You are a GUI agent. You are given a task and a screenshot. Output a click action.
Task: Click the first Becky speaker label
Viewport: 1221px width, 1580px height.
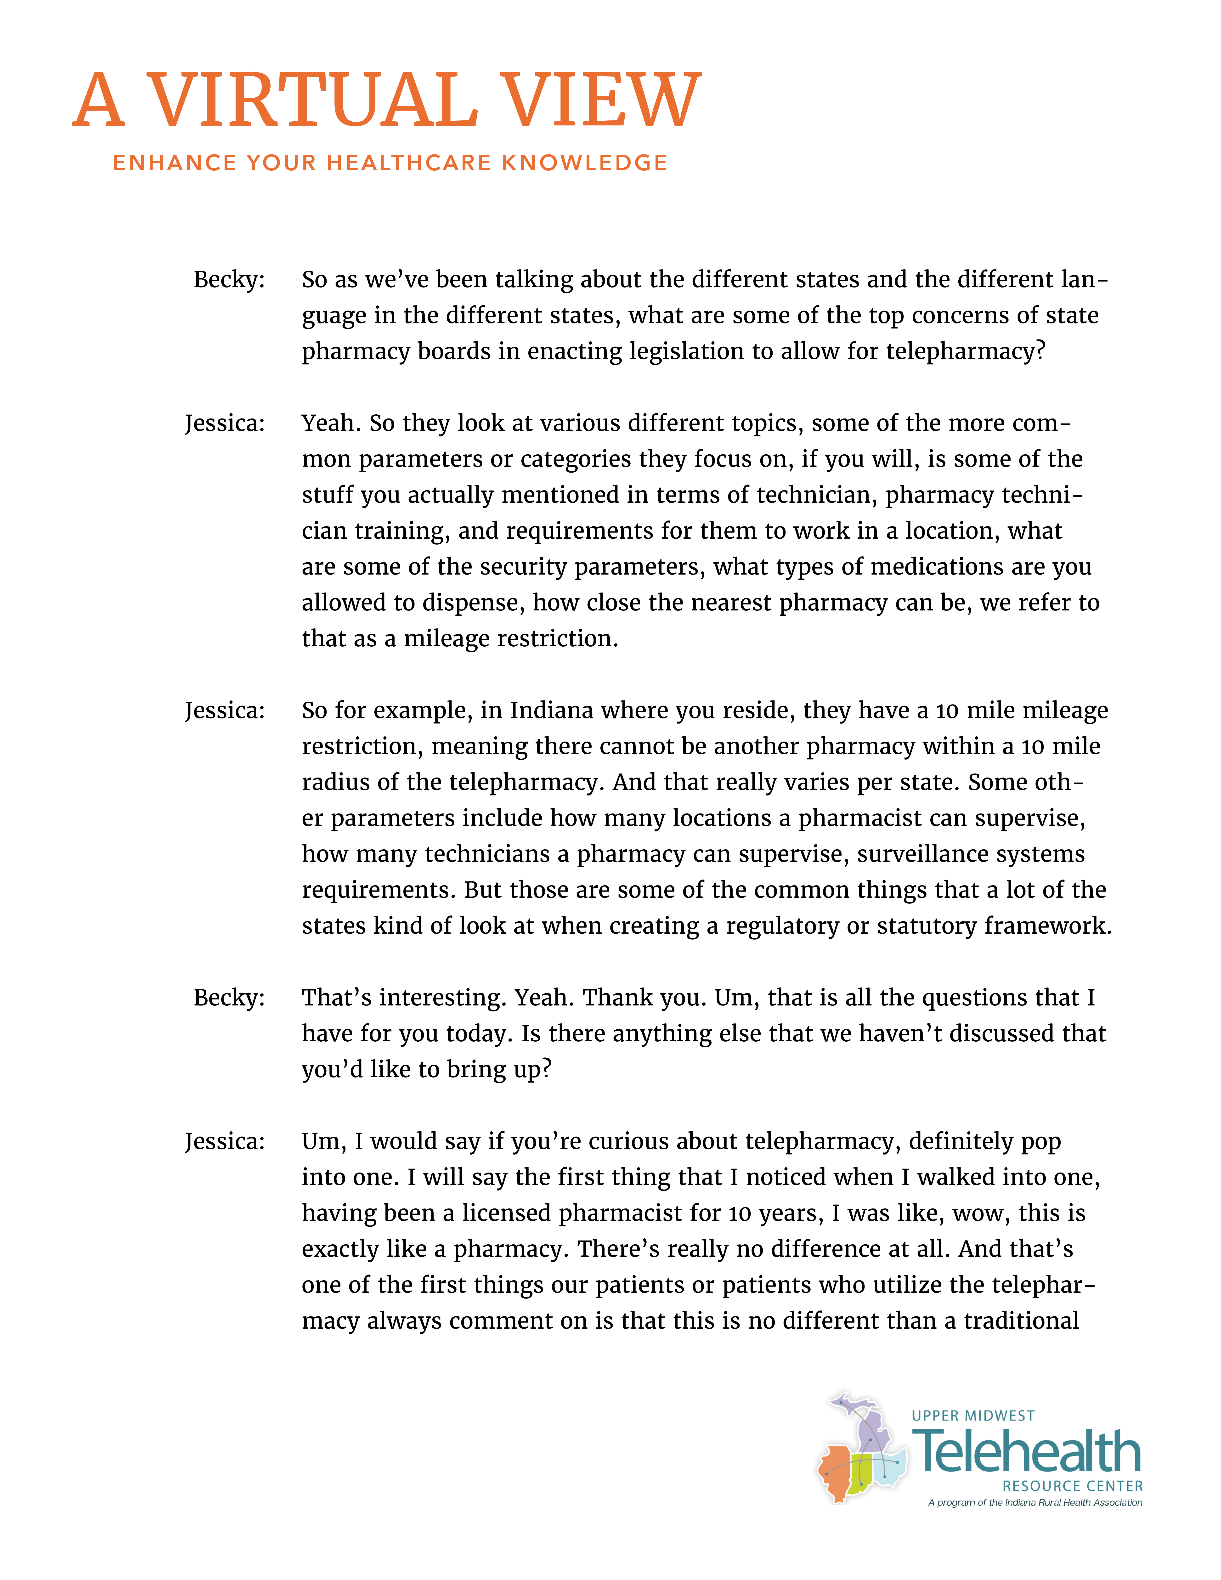point(229,279)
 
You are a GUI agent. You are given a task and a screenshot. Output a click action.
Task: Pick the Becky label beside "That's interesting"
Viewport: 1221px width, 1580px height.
point(229,998)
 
